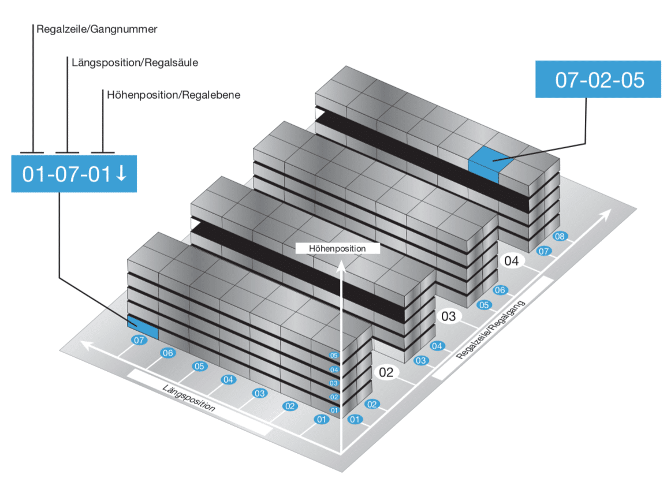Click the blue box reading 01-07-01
point(74,173)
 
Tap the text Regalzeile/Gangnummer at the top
point(96,28)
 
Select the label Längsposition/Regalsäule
point(135,62)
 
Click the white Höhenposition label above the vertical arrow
point(337,248)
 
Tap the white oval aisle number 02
point(386,372)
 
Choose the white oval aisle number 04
point(512,261)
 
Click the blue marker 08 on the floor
point(559,236)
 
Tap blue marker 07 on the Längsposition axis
point(139,341)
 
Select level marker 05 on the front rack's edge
point(334,355)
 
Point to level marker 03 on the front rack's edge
point(334,383)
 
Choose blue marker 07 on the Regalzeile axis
point(543,251)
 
